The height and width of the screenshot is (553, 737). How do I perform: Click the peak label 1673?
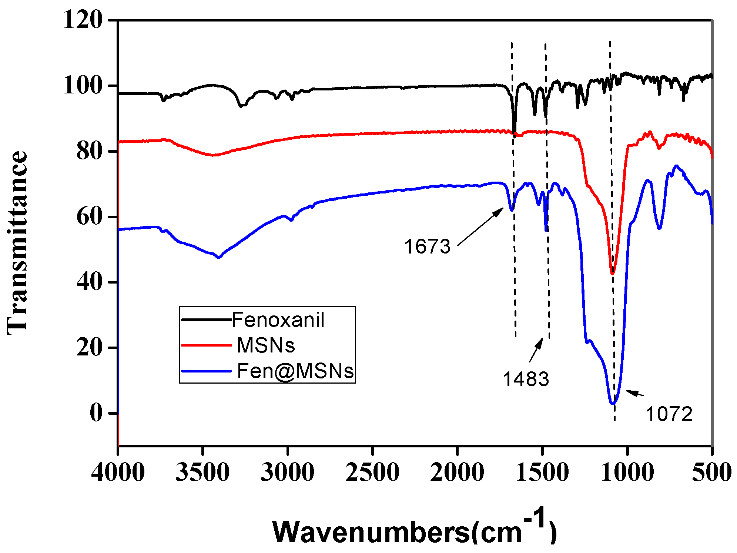pos(427,246)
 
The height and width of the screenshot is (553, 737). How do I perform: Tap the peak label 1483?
pos(526,379)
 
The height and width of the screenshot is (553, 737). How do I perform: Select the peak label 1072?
pos(669,414)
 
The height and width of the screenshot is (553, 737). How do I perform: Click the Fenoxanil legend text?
pos(278,320)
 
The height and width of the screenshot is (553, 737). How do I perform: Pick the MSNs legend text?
pos(266,345)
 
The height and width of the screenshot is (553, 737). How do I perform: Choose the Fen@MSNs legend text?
pos(295,371)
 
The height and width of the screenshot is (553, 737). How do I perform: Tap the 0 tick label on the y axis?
pos(96,413)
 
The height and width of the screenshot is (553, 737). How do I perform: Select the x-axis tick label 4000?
pos(118,472)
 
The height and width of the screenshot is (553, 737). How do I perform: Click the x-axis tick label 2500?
pos(372,472)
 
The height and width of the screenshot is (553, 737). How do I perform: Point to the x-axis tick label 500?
pos(711,472)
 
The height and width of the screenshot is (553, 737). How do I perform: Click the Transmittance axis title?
pos(17,243)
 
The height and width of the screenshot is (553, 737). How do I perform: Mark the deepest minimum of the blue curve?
pos(613,403)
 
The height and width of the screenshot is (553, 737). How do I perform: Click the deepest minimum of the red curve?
pos(613,274)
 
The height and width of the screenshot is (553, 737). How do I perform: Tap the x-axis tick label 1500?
pos(542,472)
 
